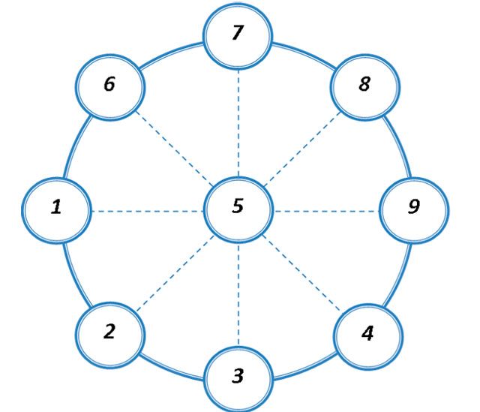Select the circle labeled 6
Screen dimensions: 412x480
(111, 84)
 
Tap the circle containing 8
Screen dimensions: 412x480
(364, 84)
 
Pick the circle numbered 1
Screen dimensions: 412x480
(57, 207)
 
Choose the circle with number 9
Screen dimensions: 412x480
(413, 207)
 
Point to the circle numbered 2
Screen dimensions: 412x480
(111, 330)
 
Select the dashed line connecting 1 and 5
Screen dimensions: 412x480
(147, 211)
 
